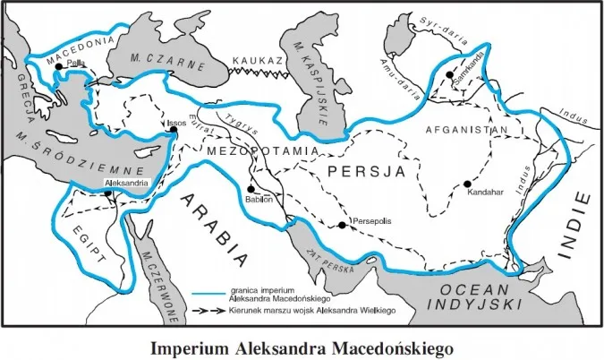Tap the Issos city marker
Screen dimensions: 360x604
173,132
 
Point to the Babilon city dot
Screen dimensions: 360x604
252,190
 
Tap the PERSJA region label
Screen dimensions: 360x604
362,169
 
